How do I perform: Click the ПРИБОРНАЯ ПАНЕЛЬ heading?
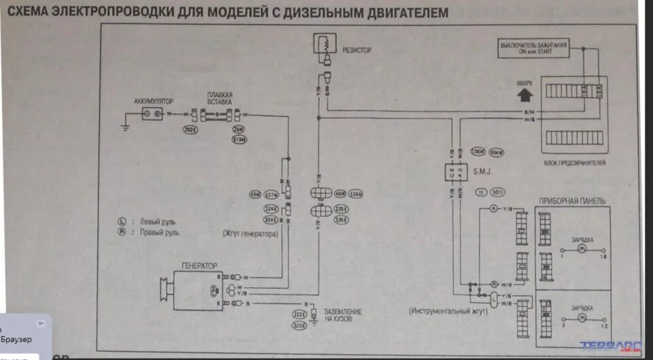[x=571, y=201]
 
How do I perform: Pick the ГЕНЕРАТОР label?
[x=199, y=266]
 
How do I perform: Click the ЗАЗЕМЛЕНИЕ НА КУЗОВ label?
[x=343, y=315]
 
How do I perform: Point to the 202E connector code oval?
[x=190, y=129]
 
